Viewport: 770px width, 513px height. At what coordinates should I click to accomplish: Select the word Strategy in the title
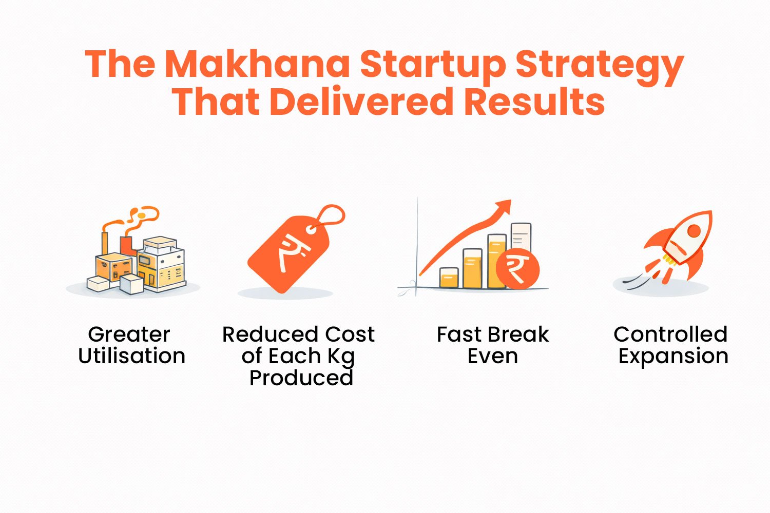(599, 66)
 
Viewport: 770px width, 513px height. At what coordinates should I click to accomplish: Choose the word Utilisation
(132, 356)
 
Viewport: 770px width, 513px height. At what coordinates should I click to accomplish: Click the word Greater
(129, 334)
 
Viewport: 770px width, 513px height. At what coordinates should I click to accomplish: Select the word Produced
(301, 378)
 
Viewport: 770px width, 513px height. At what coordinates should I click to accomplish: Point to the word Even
(492, 356)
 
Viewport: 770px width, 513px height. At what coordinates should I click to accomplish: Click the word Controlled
(670, 334)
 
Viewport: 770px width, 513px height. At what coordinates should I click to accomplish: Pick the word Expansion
(673, 357)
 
